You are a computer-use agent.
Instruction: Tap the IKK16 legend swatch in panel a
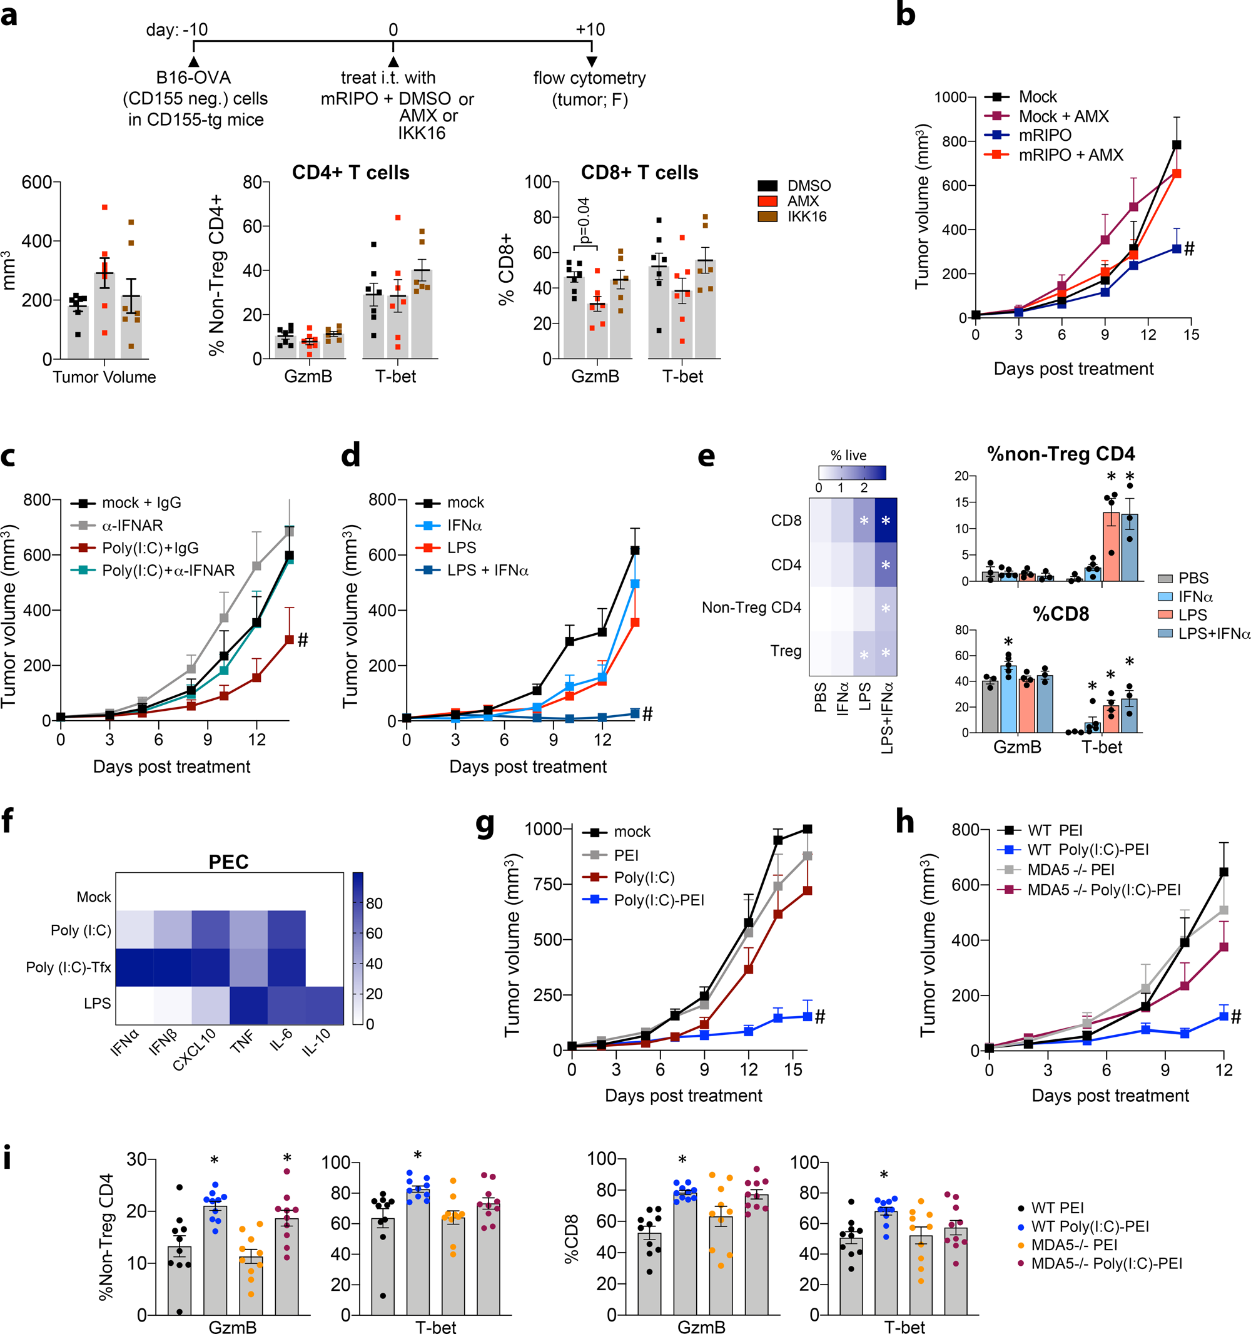coord(767,216)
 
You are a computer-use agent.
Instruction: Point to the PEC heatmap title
coord(228,862)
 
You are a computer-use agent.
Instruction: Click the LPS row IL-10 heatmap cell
coord(325,1006)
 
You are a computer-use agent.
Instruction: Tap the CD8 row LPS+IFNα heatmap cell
coord(886,520)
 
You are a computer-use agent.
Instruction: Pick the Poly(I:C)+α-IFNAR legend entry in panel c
coord(168,571)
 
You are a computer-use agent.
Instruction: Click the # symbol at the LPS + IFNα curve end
coord(647,714)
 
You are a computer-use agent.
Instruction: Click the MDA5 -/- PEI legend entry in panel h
coord(1071,870)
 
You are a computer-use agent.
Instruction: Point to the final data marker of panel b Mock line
coord(1176,145)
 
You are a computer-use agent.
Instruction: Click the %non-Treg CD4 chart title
coord(1060,454)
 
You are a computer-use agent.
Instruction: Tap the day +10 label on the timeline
coord(590,29)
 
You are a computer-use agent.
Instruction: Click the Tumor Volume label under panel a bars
coord(104,377)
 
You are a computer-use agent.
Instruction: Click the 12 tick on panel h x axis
coord(1223,1069)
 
